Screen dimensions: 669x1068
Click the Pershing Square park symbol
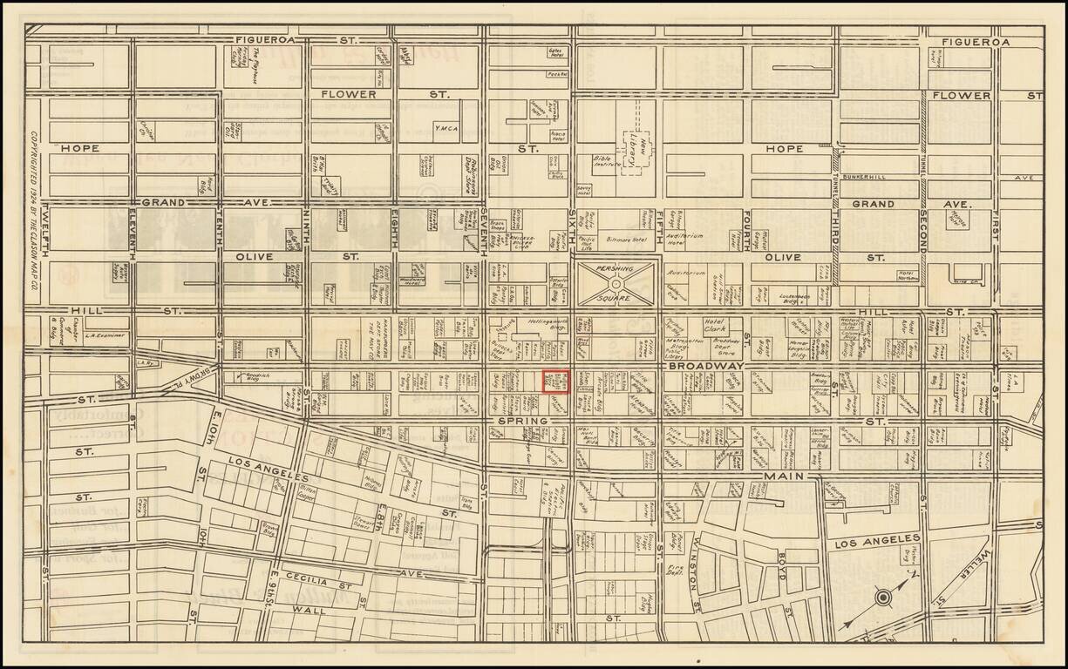[616, 283]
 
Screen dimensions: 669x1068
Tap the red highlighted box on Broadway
[556, 382]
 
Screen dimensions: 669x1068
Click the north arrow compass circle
[882, 598]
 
